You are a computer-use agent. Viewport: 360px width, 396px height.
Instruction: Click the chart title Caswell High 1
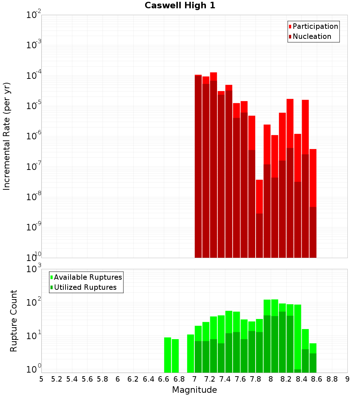(x=180, y=6)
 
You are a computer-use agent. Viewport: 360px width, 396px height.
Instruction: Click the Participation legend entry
(x=315, y=26)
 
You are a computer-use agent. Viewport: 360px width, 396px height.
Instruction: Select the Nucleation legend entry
(x=311, y=36)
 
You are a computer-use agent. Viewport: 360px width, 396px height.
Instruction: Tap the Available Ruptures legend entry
(x=87, y=277)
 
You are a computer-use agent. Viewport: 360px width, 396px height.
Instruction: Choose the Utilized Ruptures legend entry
(x=85, y=287)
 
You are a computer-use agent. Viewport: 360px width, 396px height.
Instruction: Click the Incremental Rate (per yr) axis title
(x=7, y=136)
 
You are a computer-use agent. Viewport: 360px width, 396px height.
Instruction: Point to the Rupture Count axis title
(x=14, y=321)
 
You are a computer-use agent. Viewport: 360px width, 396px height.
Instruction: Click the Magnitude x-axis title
(x=194, y=390)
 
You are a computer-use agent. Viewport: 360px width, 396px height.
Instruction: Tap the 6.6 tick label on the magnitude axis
(x=164, y=379)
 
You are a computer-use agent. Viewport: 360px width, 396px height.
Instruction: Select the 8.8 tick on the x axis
(x=332, y=379)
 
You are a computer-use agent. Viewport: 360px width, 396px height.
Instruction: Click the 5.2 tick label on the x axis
(x=57, y=379)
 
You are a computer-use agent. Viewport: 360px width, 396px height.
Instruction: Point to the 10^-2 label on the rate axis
(x=34, y=15)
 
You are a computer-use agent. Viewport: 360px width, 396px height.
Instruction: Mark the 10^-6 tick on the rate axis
(x=34, y=136)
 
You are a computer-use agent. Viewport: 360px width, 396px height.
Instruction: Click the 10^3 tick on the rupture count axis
(x=34, y=269)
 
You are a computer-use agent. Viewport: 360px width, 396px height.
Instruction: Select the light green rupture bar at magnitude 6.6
(x=167, y=355)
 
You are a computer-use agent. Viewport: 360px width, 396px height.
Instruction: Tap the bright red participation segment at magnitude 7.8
(x=259, y=196)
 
